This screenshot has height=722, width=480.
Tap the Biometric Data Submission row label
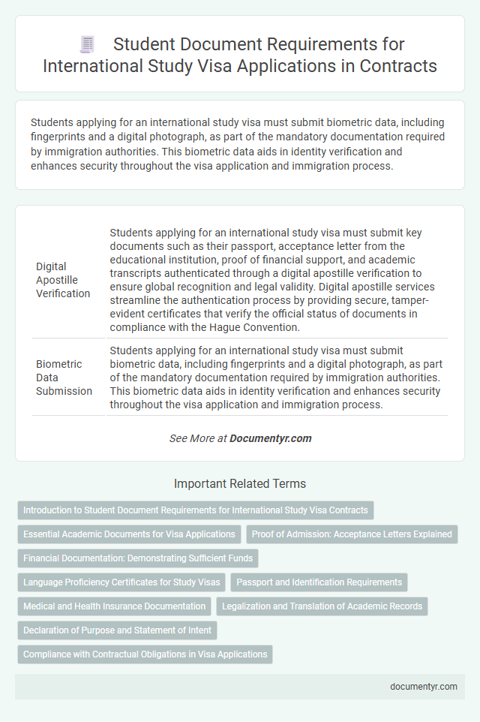[64, 378]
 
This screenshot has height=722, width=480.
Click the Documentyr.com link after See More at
[270, 438]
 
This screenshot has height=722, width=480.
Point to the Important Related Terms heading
[239, 484]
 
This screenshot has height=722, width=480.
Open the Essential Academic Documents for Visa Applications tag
[129, 534]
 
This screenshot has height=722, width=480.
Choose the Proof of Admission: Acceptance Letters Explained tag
[352, 534]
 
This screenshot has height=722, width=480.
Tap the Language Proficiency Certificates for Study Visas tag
[121, 582]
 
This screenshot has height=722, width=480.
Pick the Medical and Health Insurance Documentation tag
[114, 606]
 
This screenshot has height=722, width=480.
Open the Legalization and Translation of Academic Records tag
[322, 606]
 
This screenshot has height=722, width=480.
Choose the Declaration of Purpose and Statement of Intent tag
[117, 630]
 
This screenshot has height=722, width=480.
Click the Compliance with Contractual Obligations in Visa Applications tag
[145, 654]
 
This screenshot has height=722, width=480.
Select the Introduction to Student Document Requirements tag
[195, 510]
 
